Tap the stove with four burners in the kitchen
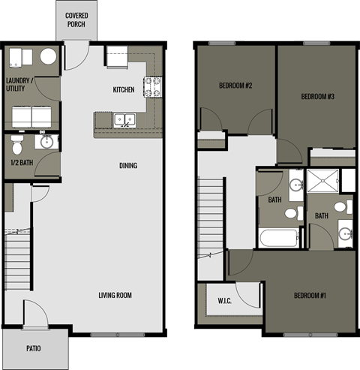click(153, 87)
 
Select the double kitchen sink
click(124, 119)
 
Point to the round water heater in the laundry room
click(49, 58)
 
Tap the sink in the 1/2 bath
click(46, 140)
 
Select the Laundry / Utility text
click(21, 85)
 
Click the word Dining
click(129, 166)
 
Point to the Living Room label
click(115, 295)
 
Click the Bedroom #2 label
click(235, 86)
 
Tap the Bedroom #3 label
click(317, 96)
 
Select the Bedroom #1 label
click(310, 296)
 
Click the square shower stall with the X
click(322, 182)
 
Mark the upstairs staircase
click(211, 218)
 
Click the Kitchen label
click(124, 90)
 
